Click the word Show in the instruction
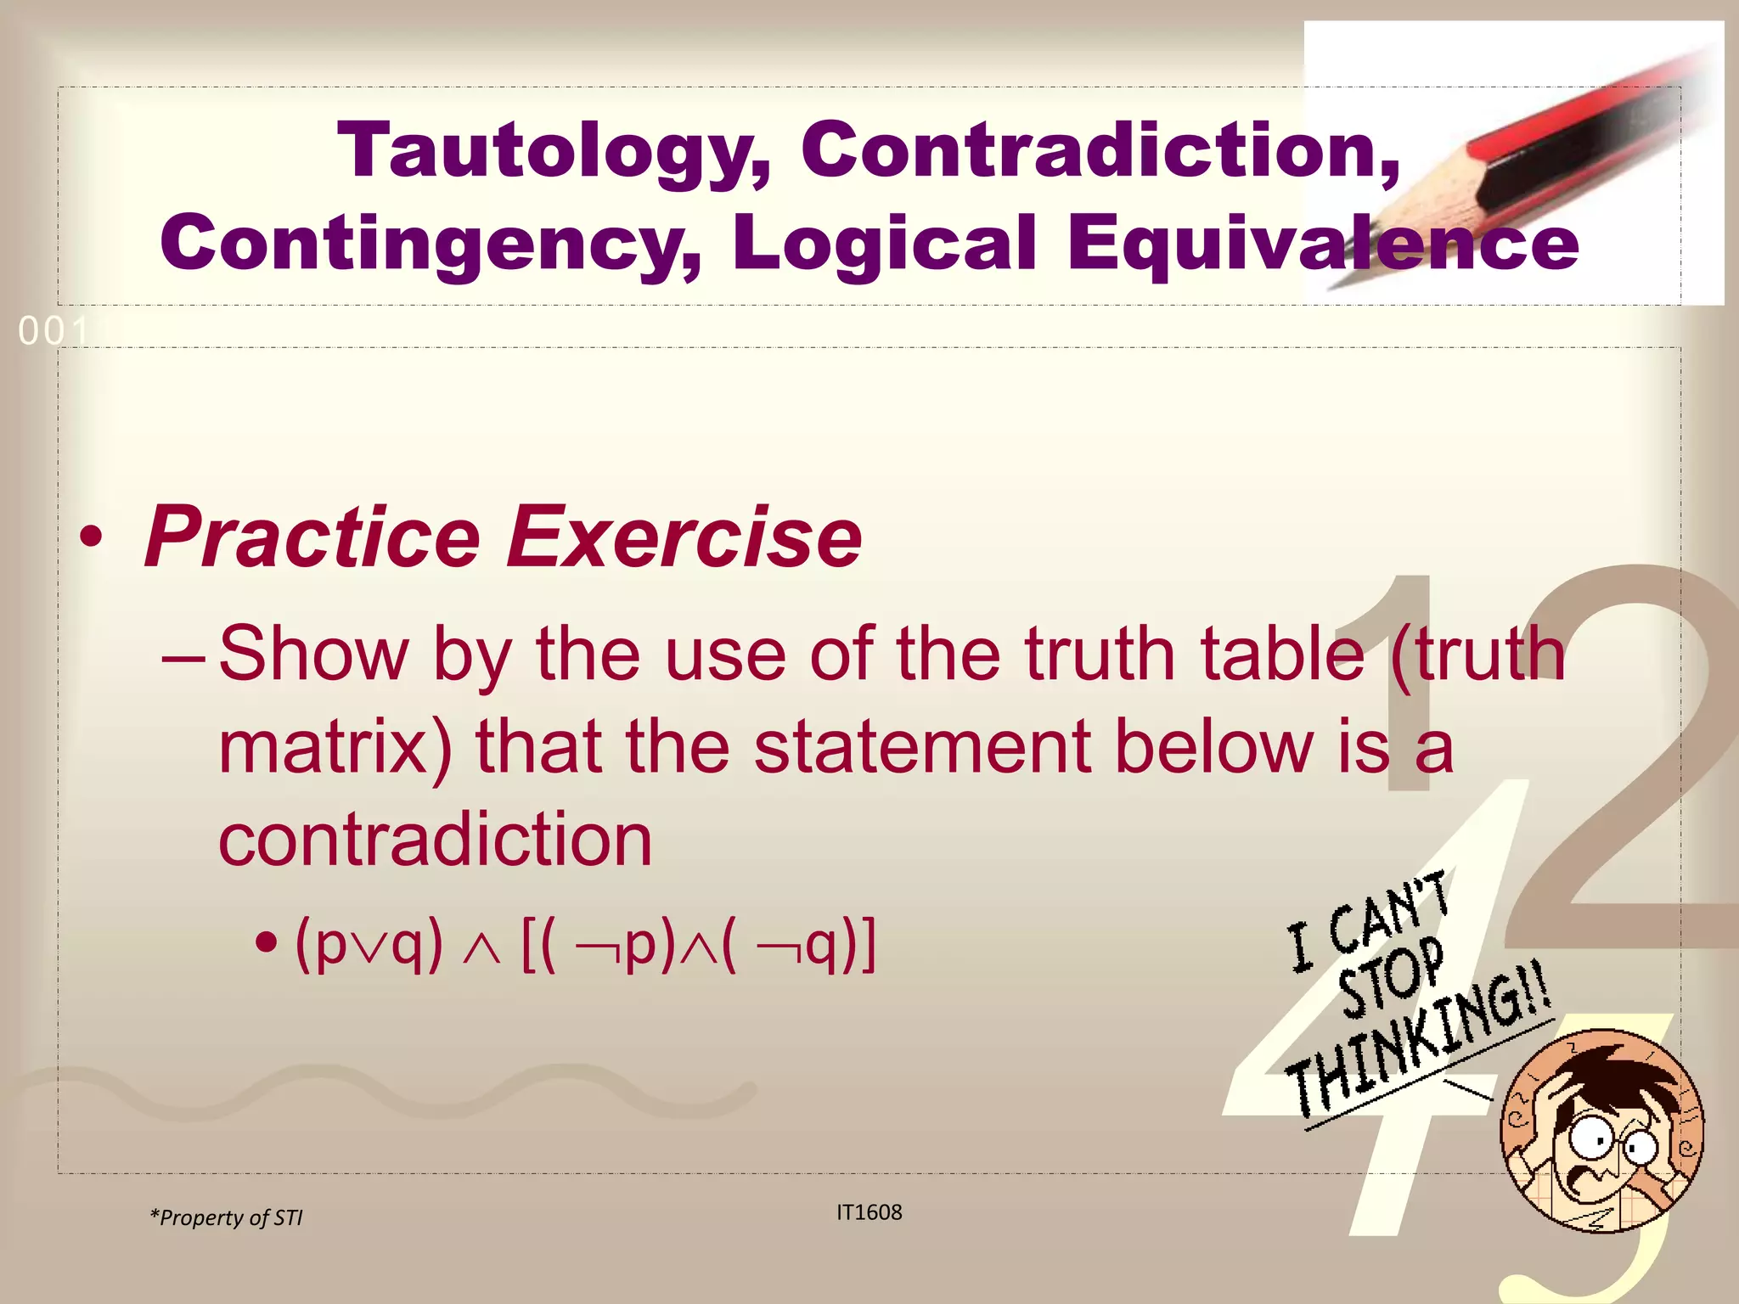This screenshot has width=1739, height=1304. coord(314,654)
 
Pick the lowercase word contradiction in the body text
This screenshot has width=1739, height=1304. coord(435,840)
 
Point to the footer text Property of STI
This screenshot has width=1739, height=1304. coord(227,1217)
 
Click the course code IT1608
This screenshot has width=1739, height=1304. coord(869,1212)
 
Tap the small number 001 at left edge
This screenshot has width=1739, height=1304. coord(53,331)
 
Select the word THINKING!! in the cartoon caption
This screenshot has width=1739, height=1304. coord(1418,1048)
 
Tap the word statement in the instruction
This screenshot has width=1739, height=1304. coord(921,747)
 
